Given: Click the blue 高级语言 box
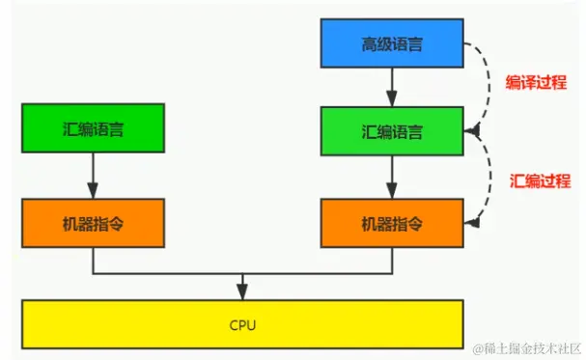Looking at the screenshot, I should click(x=392, y=44).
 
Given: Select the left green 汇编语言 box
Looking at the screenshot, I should click(x=94, y=129).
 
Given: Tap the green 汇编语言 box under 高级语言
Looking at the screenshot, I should click(x=392, y=129).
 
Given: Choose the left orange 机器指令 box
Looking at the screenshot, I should click(x=94, y=224).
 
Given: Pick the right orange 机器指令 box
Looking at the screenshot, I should click(x=392, y=224).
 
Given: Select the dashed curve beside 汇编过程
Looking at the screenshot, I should click(x=483, y=179).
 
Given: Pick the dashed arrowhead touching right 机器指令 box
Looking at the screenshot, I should click(x=471, y=223).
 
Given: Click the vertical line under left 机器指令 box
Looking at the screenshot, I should click(x=94, y=260).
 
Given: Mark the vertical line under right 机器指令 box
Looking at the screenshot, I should click(x=392, y=260).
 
